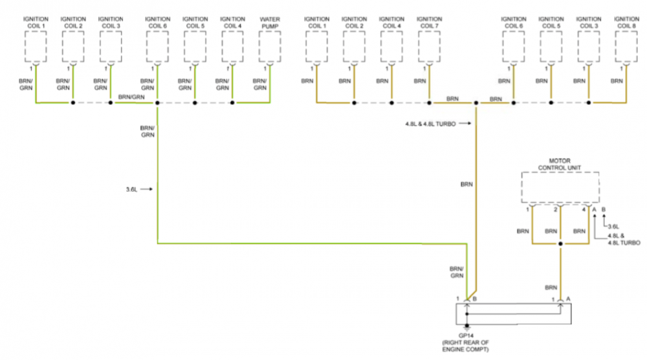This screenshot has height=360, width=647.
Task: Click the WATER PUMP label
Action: (270, 23)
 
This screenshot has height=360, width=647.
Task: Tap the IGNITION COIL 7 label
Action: (429, 23)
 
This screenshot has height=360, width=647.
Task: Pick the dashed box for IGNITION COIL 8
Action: (626, 45)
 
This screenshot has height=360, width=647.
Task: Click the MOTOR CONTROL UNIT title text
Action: (560, 165)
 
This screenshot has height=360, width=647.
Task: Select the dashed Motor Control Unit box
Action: (560, 188)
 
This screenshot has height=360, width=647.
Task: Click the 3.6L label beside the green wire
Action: (132, 190)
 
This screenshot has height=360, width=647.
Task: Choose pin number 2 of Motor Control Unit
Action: (555, 210)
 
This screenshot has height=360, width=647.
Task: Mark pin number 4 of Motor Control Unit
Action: (584, 210)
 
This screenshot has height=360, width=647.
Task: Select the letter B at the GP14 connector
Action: (475, 299)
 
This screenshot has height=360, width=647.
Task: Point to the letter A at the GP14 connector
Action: (568, 299)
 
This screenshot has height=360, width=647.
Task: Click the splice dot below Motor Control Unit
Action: (560, 243)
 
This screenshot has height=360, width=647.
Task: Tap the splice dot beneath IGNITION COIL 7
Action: (429, 102)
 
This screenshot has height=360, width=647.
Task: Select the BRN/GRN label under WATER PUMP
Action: (259, 84)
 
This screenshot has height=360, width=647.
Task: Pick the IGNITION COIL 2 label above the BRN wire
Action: (354, 23)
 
